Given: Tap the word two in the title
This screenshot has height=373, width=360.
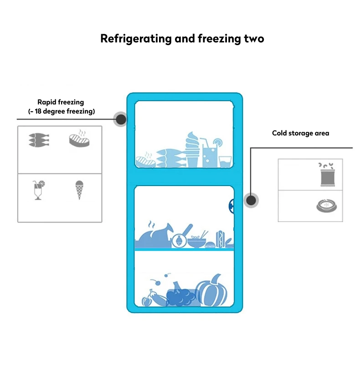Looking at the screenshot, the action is pos(252,38).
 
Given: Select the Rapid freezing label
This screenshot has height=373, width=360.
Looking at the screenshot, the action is pos(61,103).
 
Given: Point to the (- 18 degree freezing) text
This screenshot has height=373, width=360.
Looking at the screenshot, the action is pos(61,111).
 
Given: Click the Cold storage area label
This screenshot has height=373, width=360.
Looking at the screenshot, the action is pos(300,133).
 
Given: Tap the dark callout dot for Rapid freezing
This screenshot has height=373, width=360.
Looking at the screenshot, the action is pos(121,119).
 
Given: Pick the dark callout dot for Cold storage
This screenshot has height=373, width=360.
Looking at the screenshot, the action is pos(251,200).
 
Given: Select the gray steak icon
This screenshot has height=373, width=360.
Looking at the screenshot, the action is pos(79,139).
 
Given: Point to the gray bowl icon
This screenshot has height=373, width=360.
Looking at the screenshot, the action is pos(326,206).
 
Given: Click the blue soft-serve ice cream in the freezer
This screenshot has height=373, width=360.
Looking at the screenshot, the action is pos(193,150).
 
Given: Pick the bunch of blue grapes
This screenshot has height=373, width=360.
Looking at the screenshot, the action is pos(181,297).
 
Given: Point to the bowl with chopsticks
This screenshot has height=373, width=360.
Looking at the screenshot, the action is pos(197,240).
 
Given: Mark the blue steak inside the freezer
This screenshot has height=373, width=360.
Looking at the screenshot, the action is pos(145,161).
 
